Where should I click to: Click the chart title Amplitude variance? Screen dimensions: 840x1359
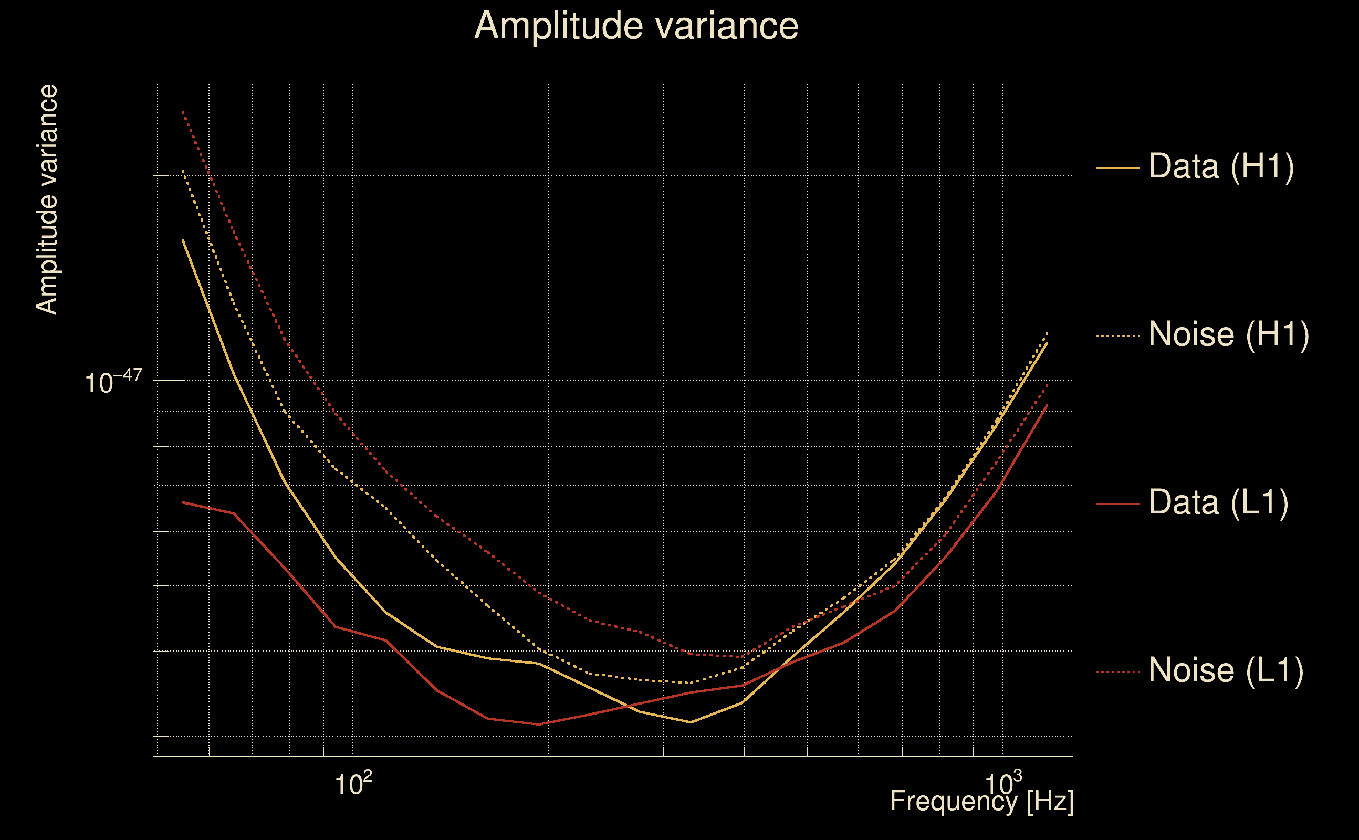pyautogui.click(x=635, y=26)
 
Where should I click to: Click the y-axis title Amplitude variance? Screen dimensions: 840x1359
pyautogui.click(x=47, y=199)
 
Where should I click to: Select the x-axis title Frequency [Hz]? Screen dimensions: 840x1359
pyautogui.click(x=981, y=801)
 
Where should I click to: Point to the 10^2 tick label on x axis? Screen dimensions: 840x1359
pyautogui.click(x=353, y=784)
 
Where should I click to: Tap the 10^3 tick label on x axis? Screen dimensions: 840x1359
pyautogui.click(x=1003, y=784)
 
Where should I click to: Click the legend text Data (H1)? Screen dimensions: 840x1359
pyautogui.click(x=1221, y=166)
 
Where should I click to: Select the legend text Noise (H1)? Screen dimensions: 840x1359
pyautogui.click(x=1228, y=334)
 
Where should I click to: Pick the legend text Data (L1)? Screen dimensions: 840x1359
pyautogui.click(x=1218, y=503)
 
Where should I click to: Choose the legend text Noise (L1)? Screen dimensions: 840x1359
pyautogui.click(x=1226, y=670)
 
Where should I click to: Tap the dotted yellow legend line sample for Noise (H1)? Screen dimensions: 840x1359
pyautogui.click(x=1117, y=335)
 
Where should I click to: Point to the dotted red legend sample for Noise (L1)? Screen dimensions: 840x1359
pyautogui.click(x=1117, y=671)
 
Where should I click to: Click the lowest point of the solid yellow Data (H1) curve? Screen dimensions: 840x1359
pyautogui.click(x=691, y=722)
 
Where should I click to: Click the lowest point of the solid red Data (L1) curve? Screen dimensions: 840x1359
pyautogui.click(x=538, y=724)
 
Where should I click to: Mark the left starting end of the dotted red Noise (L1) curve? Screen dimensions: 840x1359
pyautogui.click(x=183, y=112)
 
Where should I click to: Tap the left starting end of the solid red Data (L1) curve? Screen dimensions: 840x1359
pyautogui.click(x=183, y=502)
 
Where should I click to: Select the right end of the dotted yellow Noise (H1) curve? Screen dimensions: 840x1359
pyautogui.click(x=1047, y=333)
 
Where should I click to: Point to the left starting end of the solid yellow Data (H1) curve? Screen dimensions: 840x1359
pyautogui.click(x=183, y=240)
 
